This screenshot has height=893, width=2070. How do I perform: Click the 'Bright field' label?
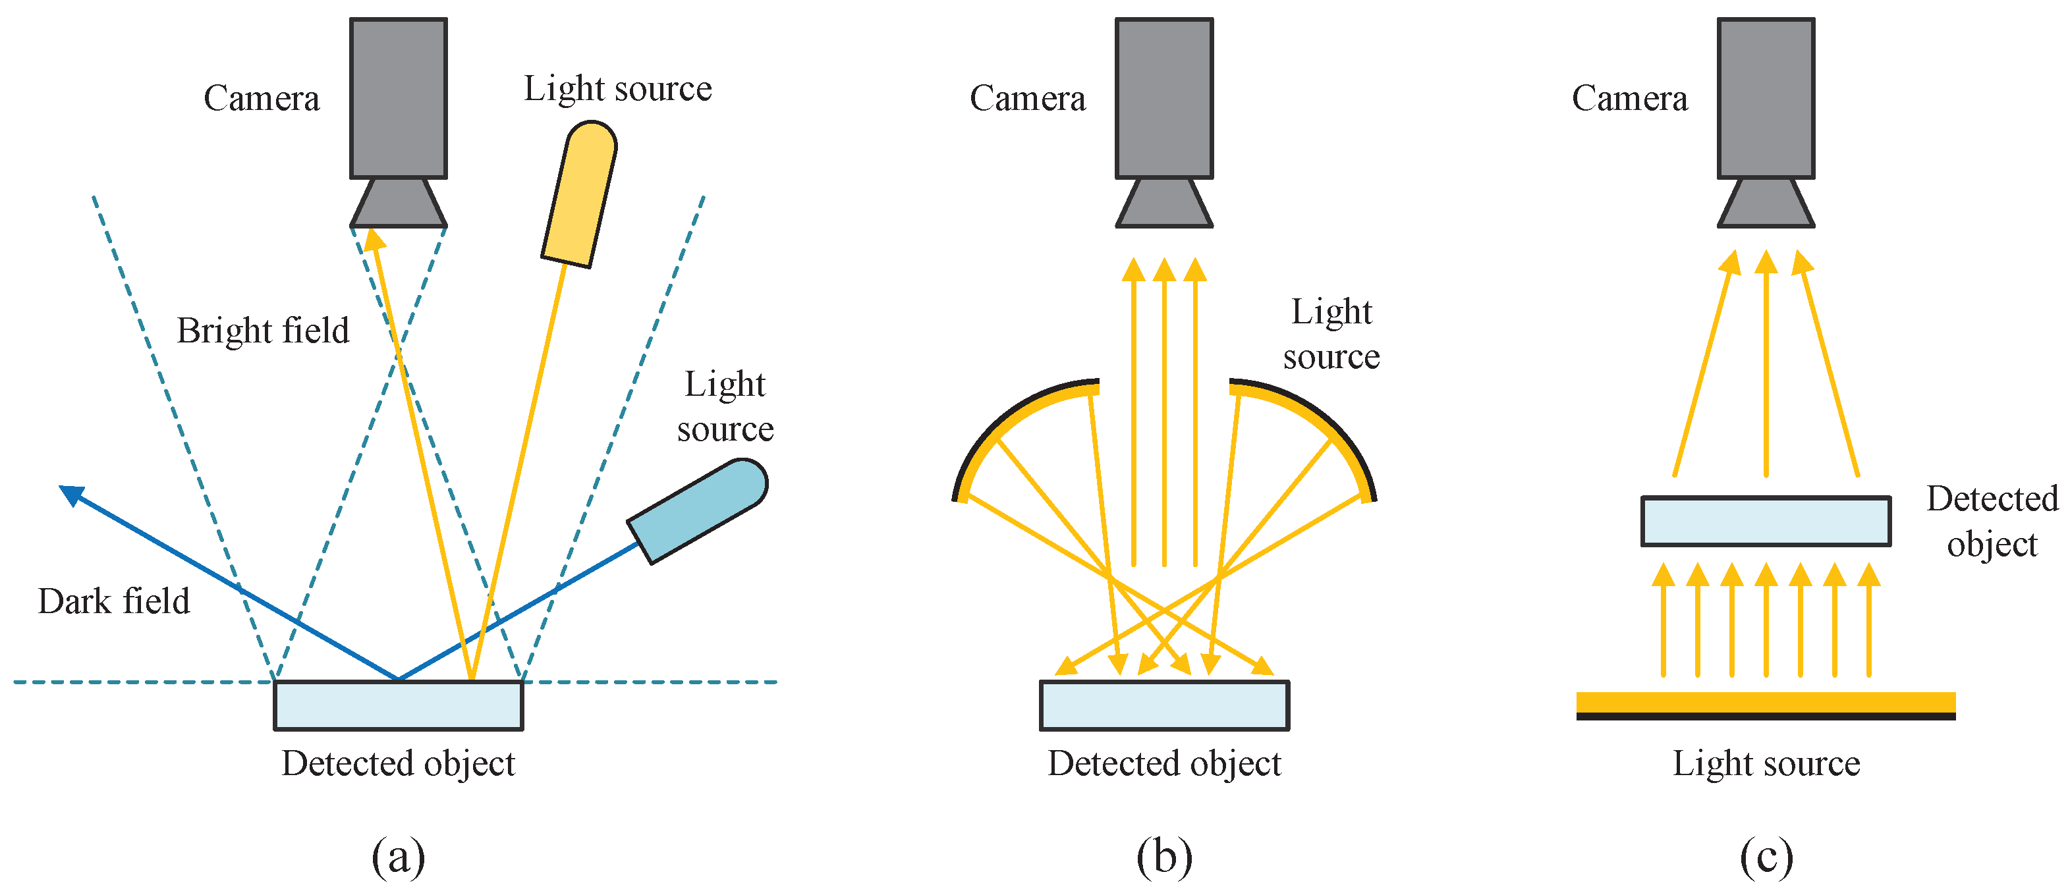click(263, 331)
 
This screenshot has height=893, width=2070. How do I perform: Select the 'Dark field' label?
click(114, 601)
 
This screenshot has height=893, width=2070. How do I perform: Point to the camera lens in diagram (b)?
click(1163, 203)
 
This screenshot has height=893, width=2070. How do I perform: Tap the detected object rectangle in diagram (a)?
click(398, 705)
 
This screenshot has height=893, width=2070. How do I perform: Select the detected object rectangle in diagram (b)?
click(1163, 705)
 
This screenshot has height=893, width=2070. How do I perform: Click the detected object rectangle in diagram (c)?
click(1766, 521)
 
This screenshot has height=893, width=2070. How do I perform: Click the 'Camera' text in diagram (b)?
click(1027, 99)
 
